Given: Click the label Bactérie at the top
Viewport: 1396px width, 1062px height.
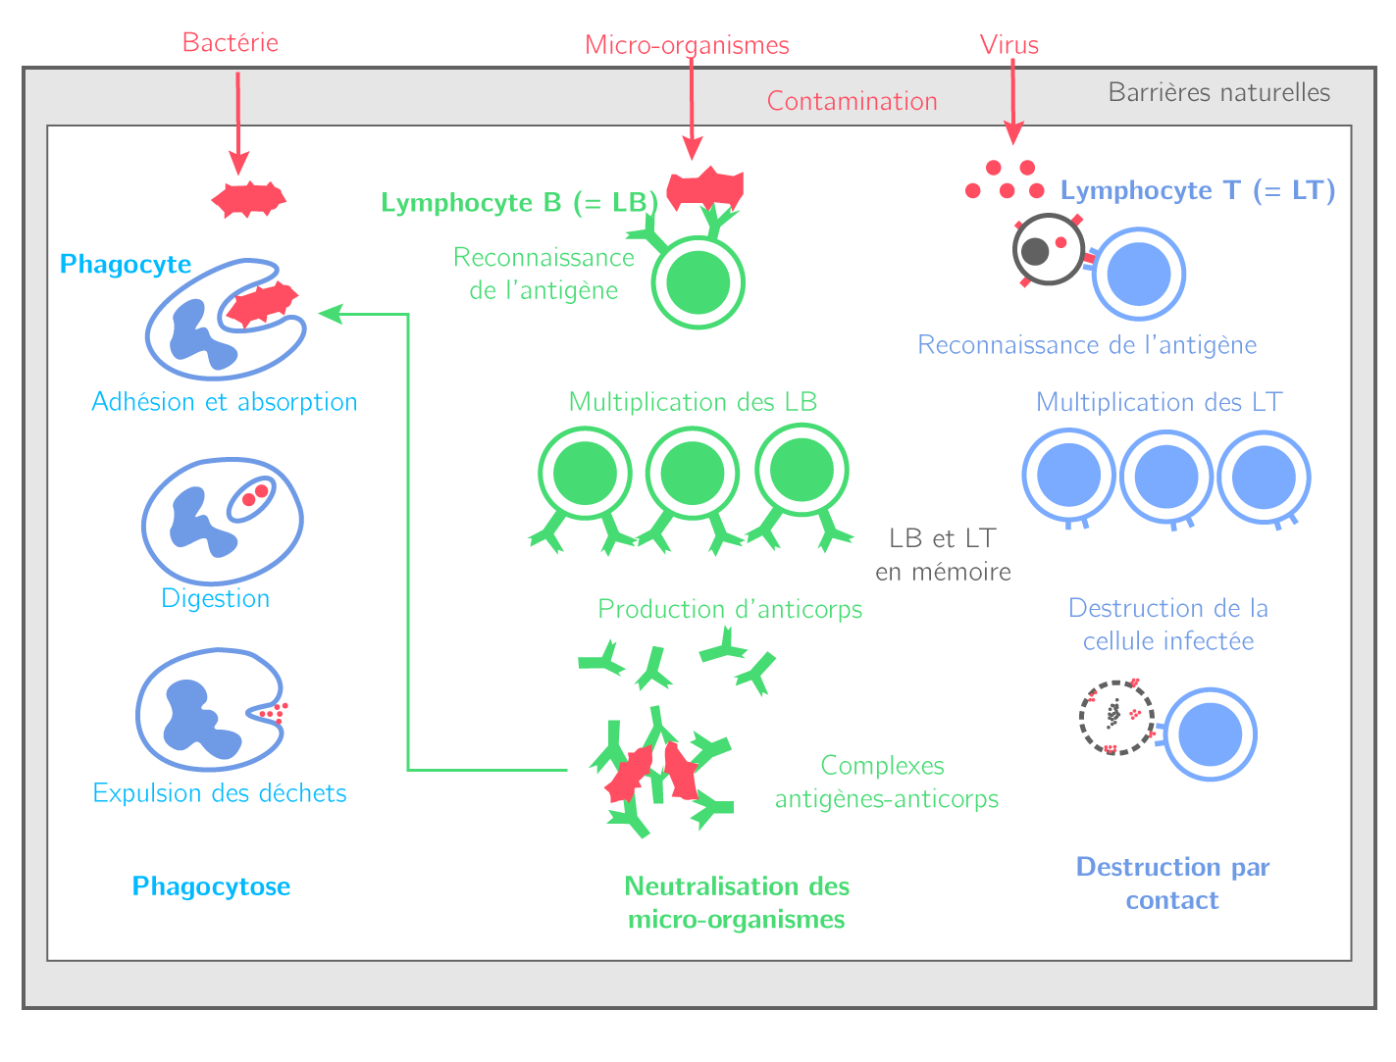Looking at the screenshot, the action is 230,42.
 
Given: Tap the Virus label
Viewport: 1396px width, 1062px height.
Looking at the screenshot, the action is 1008,44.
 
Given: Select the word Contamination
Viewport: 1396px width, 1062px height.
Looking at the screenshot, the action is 852,101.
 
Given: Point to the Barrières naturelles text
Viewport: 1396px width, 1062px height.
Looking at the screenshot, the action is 1218,92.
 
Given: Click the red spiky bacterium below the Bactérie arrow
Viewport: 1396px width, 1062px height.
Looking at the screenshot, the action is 248,200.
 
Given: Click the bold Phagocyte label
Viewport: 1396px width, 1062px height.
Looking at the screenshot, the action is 126,263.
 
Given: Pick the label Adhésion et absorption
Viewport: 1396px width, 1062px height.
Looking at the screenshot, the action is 224,402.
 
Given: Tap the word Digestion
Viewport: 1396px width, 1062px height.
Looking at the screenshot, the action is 216,599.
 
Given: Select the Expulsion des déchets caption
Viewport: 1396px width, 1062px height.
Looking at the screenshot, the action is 220,793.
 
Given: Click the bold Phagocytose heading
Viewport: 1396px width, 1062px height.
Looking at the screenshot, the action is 211,886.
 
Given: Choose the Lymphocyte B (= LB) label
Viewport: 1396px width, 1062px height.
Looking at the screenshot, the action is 519,203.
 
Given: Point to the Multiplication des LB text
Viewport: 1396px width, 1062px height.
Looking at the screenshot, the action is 693,402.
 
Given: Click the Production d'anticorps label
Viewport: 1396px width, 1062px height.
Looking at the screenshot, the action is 730,609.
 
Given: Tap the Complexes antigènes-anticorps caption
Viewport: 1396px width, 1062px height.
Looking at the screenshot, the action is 886,783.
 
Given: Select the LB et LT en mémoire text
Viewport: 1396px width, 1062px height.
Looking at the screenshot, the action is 943,555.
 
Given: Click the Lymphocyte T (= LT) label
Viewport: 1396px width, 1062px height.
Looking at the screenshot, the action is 1197,190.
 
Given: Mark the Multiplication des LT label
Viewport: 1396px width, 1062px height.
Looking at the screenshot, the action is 1159,402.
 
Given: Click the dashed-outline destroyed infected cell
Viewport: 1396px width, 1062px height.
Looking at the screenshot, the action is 1116,718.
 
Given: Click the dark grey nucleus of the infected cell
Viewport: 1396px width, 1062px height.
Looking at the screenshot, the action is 1035,252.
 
